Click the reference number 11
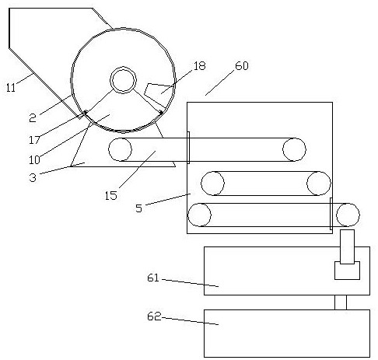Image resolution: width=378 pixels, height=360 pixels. click(x=11, y=88)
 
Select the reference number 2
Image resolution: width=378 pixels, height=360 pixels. click(x=33, y=118)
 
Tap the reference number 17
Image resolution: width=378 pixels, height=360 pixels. click(x=34, y=140)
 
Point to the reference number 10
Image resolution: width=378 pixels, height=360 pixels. click(x=34, y=159)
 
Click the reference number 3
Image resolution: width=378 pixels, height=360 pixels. click(x=33, y=178)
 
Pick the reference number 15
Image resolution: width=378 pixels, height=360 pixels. click(x=111, y=196)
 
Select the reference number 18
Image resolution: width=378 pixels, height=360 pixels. click(x=199, y=66)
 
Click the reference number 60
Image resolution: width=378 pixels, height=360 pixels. click(x=242, y=66)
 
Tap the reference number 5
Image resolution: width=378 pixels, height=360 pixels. click(x=139, y=208)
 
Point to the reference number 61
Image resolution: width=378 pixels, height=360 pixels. click(x=153, y=278)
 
